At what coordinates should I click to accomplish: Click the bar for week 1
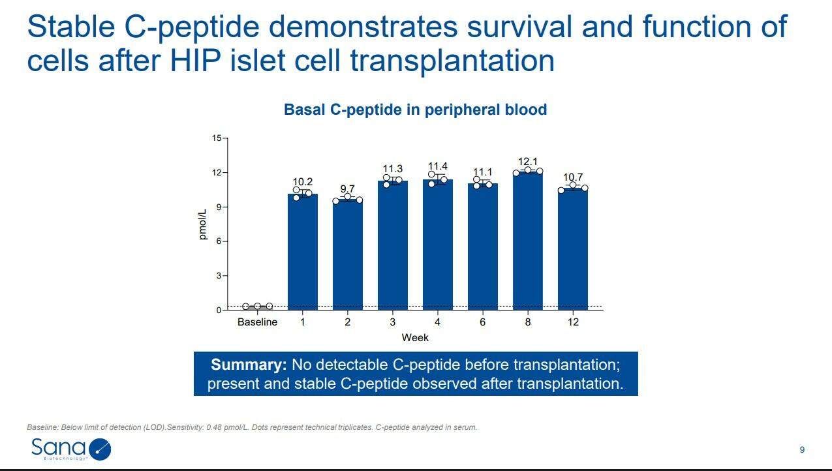[302, 252]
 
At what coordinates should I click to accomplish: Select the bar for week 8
[528, 241]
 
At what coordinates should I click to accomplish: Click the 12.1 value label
[527, 161]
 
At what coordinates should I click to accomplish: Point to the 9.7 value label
[347, 189]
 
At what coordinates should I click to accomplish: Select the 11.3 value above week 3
[392, 169]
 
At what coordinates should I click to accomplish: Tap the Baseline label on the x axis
[257, 322]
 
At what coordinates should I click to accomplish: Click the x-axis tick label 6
[482, 322]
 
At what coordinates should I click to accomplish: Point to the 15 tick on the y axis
[217, 138]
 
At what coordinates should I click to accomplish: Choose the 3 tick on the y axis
[219, 276]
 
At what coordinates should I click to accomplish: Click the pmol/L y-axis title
[203, 223]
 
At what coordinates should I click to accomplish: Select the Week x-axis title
[415, 337]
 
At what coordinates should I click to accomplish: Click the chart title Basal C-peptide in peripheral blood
[415, 110]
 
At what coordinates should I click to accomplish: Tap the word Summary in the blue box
[248, 364]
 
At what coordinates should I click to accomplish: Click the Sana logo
[70, 449]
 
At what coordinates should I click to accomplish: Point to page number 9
[802, 449]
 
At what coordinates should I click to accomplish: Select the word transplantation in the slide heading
[452, 61]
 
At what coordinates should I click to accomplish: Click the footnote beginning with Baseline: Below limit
[252, 427]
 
